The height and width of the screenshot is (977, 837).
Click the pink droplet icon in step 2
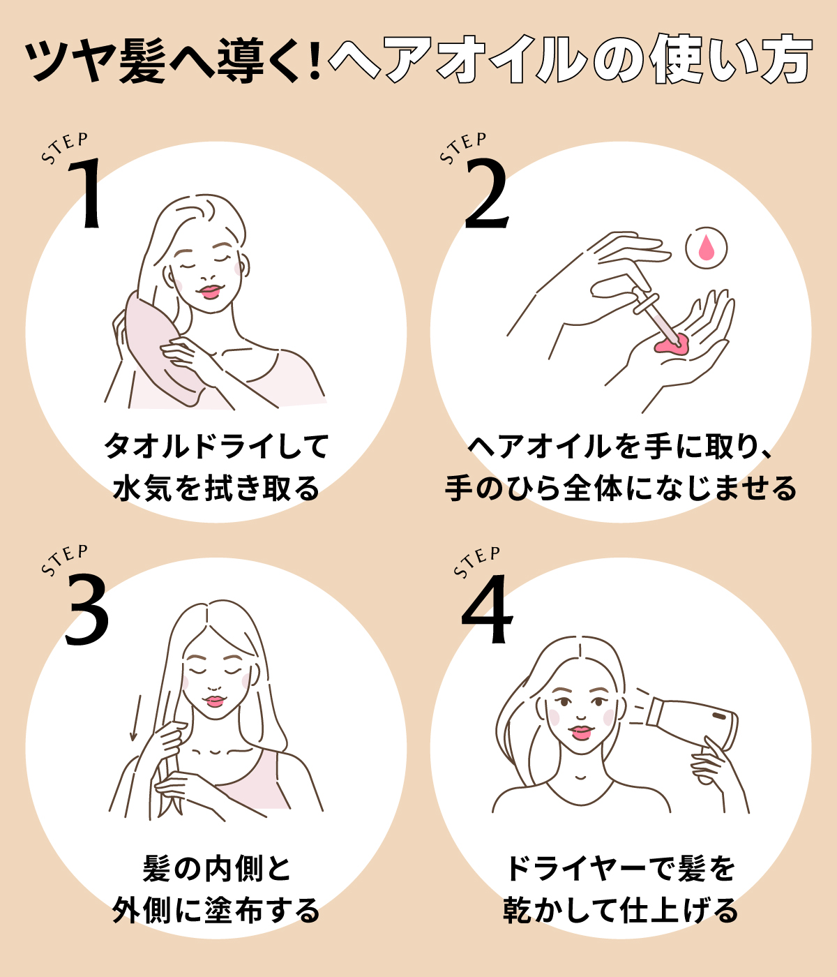[706, 248]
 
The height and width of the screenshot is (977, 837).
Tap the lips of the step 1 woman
[210, 291]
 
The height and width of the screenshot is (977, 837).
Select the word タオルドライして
[216, 446]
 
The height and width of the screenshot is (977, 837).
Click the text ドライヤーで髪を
[620, 869]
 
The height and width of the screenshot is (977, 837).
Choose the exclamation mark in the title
[313, 61]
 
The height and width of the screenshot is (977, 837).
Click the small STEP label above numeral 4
[477, 562]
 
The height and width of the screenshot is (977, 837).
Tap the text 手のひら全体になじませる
[620, 488]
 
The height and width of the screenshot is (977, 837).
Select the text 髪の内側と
[216, 869]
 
